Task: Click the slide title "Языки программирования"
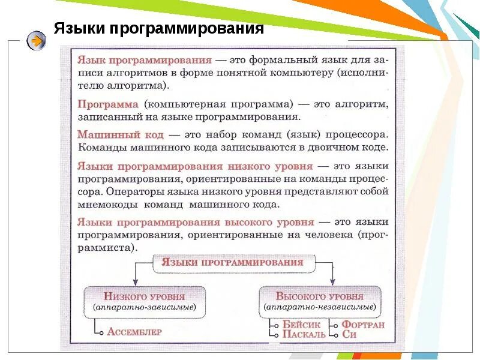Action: point(159,29)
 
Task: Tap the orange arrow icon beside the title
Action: point(36,41)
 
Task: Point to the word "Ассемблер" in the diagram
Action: point(134,331)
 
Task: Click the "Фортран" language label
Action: point(363,325)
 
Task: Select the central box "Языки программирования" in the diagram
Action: point(233,262)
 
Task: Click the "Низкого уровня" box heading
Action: point(144,296)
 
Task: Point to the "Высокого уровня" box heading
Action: point(319,296)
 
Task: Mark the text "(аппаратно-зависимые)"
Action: point(145,307)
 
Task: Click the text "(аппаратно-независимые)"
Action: point(319,307)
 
